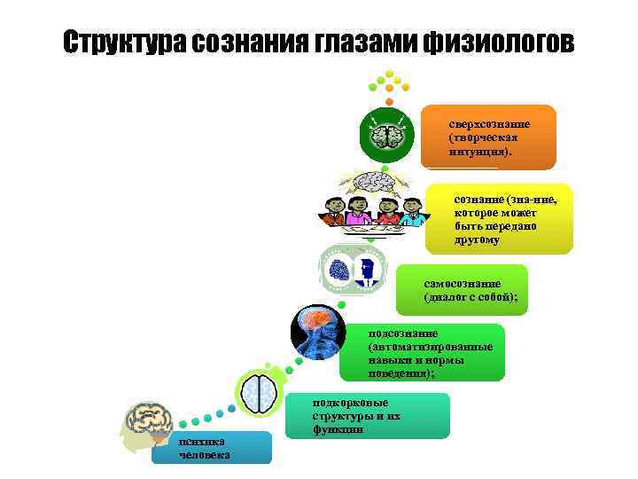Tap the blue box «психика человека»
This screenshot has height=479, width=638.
[x=211, y=447]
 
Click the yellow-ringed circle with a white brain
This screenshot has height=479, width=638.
[x=261, y=392]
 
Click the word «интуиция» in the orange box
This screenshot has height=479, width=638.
[x=479, y=152]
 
